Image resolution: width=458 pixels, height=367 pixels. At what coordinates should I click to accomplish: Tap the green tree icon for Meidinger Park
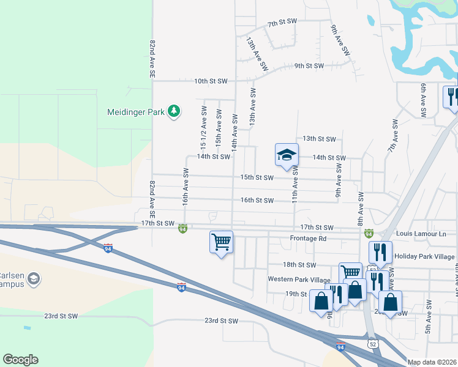(x=175, y=111)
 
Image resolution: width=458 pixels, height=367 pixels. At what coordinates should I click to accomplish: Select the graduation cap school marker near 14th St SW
(x=287, y=155)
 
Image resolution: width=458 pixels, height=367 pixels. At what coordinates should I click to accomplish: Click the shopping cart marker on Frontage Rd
(x=221, y=242)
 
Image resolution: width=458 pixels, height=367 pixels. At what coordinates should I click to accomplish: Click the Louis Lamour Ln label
(x=421, y=234)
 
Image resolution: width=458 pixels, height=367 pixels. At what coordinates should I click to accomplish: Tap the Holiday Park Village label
(x=424, y=256)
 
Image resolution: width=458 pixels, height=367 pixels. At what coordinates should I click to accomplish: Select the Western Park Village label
(x=299, y=279)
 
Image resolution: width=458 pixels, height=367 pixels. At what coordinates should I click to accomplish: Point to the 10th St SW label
(x=211, y=81)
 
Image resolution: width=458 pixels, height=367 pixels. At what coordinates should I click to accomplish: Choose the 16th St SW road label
(x=257, y=200)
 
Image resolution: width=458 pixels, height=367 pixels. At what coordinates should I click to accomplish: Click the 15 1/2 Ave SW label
(x=204, y=128)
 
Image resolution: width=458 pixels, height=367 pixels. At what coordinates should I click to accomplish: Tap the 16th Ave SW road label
(x=184, y=187)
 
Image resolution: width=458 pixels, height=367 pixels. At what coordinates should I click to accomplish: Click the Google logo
(x=20, y=360)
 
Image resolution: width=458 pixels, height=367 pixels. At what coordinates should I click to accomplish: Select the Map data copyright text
(x=432, y=362)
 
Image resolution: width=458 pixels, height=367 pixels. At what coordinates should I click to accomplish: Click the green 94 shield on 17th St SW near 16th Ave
(x=182, y=229)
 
